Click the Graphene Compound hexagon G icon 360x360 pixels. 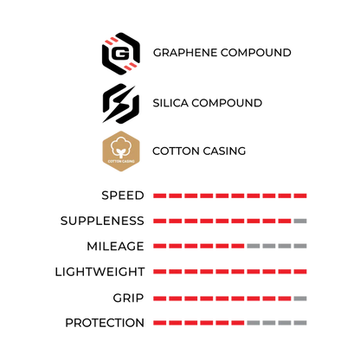click(x=121, y=54)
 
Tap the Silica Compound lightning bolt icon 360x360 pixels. click(x=121, y=104)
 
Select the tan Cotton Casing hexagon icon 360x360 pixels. click(x=121, y=151)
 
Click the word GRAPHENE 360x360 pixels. click(x=185, y=53)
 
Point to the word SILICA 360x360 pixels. click(x=170, y=103)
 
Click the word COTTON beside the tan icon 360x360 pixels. click(x=176, y=151)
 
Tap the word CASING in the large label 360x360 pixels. click(x=224, y=151)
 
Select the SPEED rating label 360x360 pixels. click(x=123, y=196)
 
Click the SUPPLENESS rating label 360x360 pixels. click(x=102, y=221)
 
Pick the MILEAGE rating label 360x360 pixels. click(x=115, y=247)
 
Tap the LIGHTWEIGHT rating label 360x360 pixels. click(x=100, y=272)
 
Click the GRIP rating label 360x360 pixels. click(x=128, y=298)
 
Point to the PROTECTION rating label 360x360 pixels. click(x=105, y=323)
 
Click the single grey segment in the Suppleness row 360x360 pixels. click(x=300, y=221)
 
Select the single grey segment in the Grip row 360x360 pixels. click(x=300, y=299)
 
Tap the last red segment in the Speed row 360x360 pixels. click(x=300, y=196)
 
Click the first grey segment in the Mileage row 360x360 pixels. click(x=254, y=246)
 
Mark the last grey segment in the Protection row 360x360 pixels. click(x=300, y=323)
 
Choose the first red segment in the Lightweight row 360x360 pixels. click(x=159, y=272)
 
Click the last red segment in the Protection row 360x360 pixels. click(x=238, y=323)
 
